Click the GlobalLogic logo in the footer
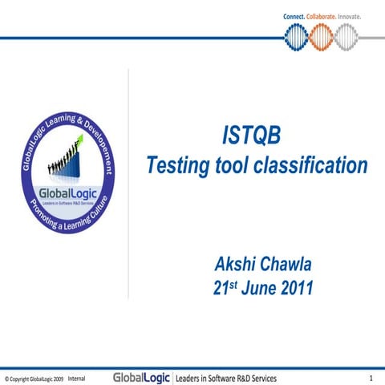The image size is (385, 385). [141, 377]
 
